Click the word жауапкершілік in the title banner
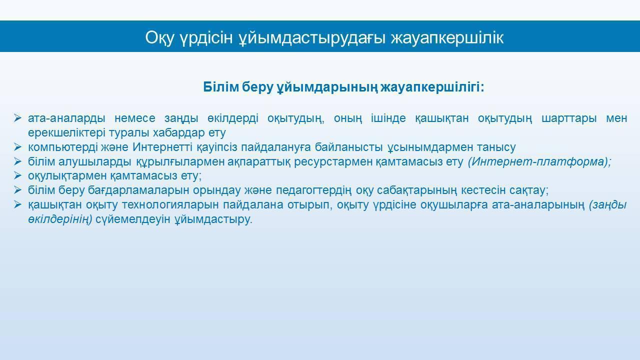(x=447, y=38)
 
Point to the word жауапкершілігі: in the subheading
(x=432, y=87)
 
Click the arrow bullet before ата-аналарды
(x=17, y=118)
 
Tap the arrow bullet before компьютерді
(x=17, y=147)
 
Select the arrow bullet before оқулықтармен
(x=17, y=175)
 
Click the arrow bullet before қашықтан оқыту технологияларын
(x=17, y=204)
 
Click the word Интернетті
(x=162, y=147)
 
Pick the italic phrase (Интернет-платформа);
(x=539, y=162)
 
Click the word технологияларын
(x=170, y=205)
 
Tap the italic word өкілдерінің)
(x=60, y=219)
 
